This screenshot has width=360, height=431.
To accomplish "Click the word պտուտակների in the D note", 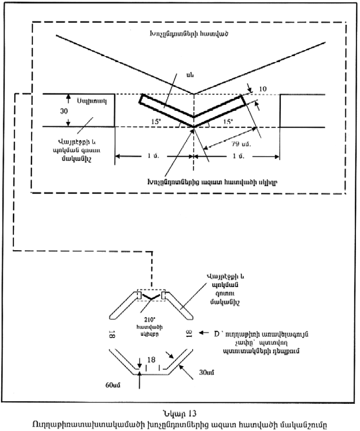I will (x=246, y=350).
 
